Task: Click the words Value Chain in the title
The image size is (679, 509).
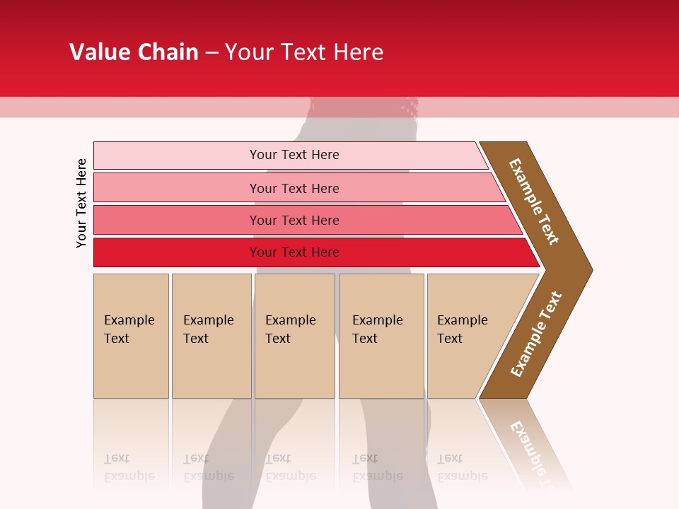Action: (x=134, y=52)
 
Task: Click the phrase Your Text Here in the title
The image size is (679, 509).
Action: (x=304, y=52)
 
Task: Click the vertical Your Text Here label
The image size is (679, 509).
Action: (x=81, y=203)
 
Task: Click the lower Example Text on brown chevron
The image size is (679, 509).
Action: (x=536, y=334)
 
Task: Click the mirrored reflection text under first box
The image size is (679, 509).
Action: (x=129, y=467)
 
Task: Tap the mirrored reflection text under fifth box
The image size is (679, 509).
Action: (x=462, y=467)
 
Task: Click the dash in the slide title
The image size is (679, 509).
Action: (x=211, y=53)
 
